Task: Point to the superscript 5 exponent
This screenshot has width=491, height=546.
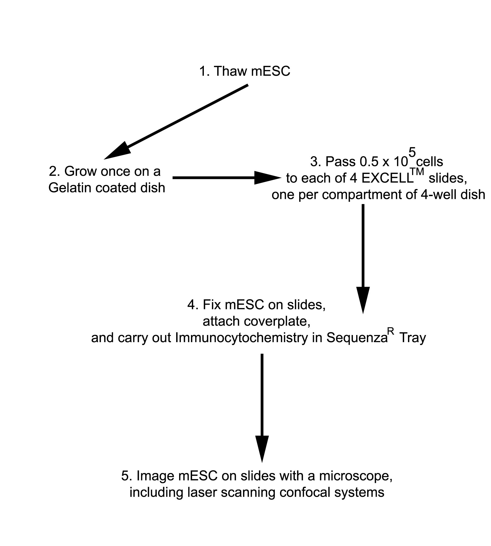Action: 412,152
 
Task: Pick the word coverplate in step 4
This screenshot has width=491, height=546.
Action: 277,321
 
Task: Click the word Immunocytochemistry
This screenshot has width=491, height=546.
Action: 241,338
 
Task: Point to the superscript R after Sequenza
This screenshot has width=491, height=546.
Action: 392,331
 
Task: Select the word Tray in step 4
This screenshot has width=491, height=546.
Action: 412,338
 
